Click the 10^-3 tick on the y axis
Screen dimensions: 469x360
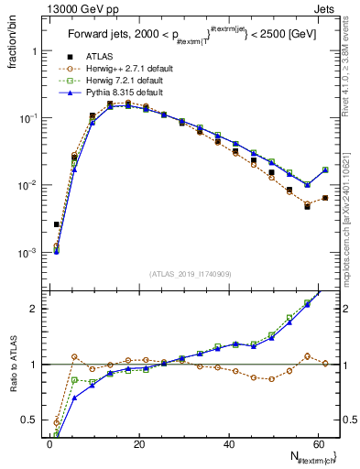[27, 252]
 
